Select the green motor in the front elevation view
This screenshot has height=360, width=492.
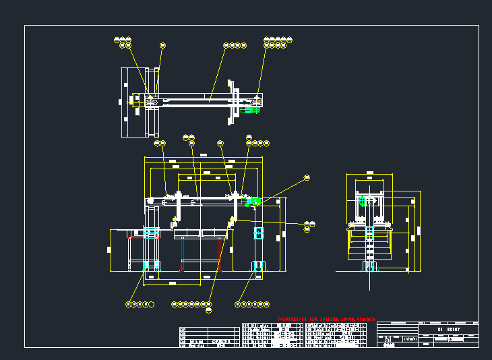[255, 201]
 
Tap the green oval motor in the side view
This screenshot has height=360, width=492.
[363, 202]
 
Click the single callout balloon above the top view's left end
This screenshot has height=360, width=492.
[162, 45]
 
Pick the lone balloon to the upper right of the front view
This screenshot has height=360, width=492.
[307, 177]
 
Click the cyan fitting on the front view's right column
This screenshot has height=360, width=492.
[257, 233]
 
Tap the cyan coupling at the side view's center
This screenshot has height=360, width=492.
[369, 233]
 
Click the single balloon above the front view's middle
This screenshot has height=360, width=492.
[220, 143]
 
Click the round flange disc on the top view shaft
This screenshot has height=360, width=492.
[234, 106]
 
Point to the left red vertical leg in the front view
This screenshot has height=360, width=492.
[183, 255]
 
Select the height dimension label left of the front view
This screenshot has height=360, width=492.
[109, 249]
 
